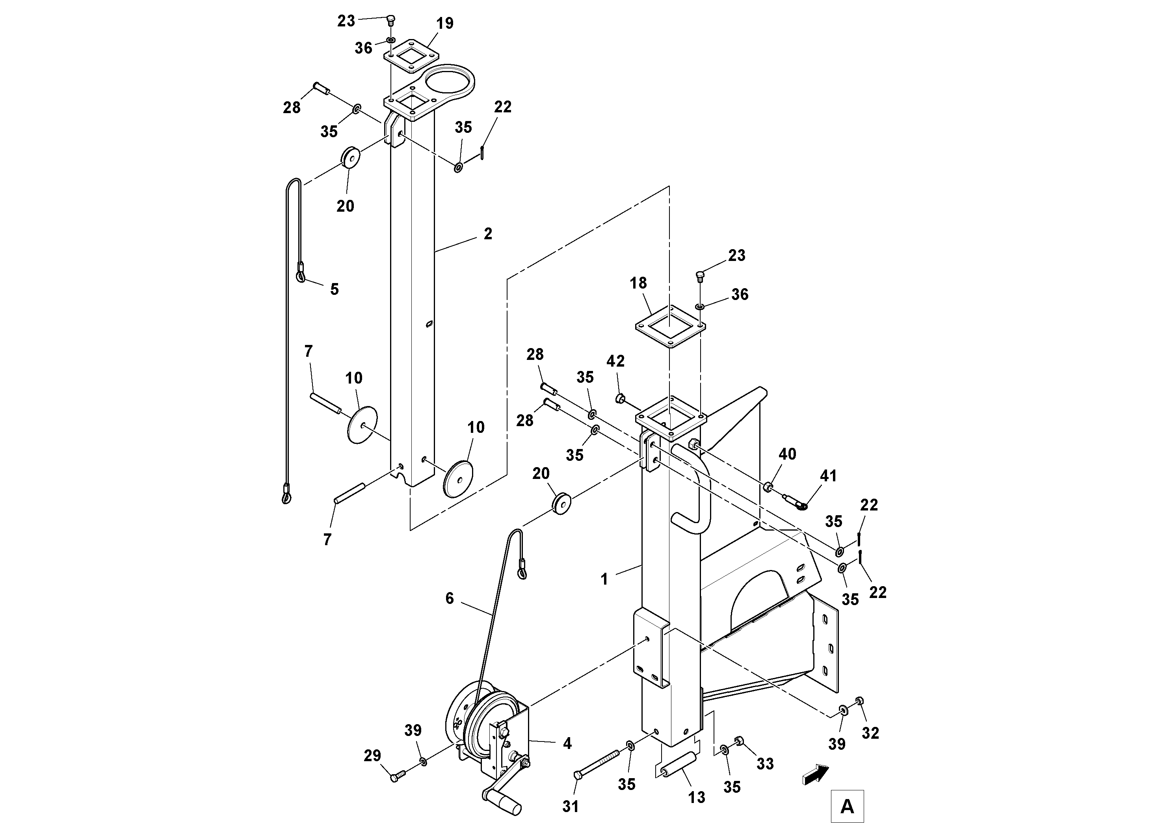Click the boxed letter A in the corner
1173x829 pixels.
point(847,806)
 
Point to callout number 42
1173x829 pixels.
point(615,361)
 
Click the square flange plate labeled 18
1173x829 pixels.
point(670,326)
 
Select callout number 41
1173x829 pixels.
point(828,476)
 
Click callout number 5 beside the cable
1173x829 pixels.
point(334,289)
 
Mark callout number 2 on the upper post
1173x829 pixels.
point(488,234)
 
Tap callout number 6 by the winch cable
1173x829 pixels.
point(450,598)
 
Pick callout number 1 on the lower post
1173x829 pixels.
point(604,579)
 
